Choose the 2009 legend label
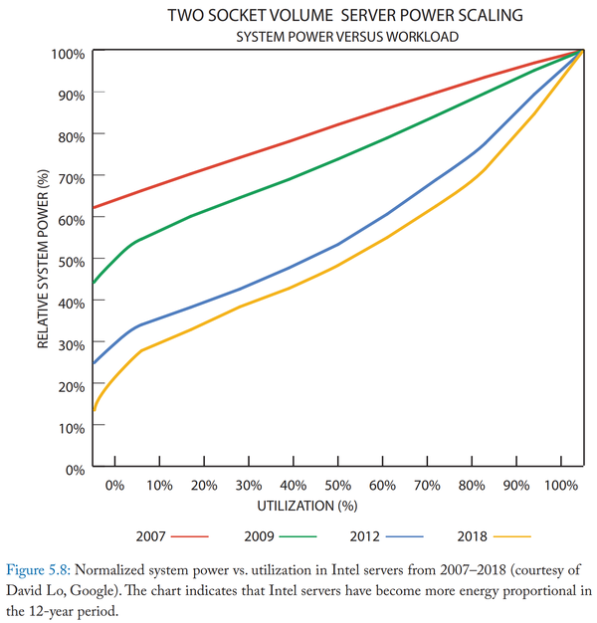point(260,536)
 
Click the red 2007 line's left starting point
point(94,208)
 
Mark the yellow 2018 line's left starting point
point(94,410)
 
